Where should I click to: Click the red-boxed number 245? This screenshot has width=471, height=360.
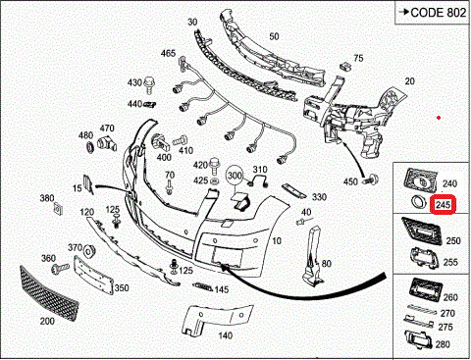443,205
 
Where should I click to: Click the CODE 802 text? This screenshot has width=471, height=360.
438,13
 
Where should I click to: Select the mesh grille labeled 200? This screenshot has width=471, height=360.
49,294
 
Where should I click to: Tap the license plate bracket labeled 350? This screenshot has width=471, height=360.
93,276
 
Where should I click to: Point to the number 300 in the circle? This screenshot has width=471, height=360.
235,176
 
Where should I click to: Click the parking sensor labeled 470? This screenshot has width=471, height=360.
107,143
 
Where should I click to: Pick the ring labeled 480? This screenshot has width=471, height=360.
89,147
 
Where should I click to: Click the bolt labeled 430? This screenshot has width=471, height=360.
149,84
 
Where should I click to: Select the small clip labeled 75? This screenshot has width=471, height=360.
344,66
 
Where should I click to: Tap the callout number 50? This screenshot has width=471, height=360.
274,36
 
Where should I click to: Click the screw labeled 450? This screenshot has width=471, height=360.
372,180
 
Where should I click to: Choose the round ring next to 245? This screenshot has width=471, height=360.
418,201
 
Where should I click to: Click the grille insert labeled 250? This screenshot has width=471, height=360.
422,231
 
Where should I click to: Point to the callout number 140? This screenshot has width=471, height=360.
226,335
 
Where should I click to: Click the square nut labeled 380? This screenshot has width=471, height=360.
58,208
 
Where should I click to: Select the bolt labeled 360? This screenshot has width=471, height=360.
60,269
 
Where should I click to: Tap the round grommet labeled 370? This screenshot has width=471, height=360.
88,251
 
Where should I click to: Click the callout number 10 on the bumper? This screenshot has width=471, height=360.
277,241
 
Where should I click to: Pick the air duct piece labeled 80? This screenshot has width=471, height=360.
312,256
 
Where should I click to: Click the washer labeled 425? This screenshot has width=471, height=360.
214,181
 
